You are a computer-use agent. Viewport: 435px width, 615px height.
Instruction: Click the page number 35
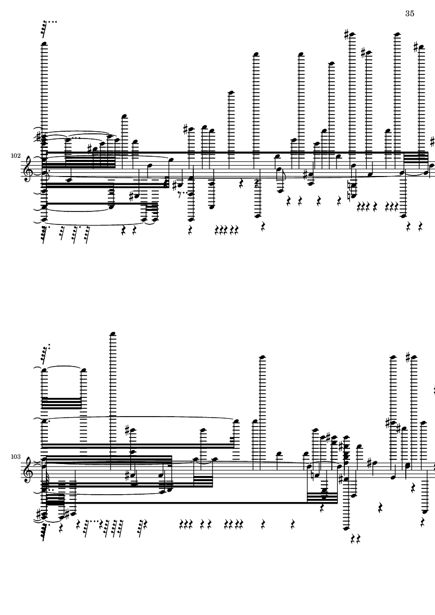pos(409,14)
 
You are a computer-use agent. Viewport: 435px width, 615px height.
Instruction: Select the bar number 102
pos(16,156)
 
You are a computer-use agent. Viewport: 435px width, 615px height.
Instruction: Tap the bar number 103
pos(16,457)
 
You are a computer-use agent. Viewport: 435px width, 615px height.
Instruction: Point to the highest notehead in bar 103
pos(113,334)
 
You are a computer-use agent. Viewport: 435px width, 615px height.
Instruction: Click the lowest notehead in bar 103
pos(346,529)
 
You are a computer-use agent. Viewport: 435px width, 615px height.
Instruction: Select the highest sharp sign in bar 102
pos(346,34)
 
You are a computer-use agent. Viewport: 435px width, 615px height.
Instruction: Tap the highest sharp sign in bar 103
pos(408,357)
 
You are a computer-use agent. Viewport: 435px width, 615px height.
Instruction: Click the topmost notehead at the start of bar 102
pos(44,43)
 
